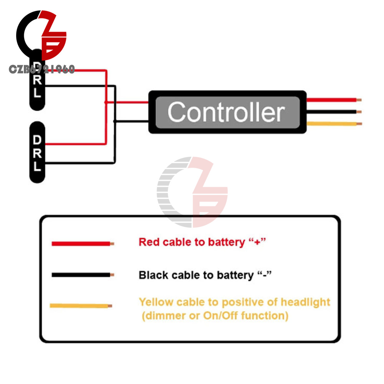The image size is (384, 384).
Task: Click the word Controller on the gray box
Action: click(226, 112)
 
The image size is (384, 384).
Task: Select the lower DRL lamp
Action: click(37, 153)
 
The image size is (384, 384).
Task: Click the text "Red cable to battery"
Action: click(191, 242)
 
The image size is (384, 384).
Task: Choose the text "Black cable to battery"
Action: click(196, 275)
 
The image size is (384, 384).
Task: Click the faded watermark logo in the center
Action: click(192, 192)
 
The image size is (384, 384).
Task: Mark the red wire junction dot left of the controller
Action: click(106, 102)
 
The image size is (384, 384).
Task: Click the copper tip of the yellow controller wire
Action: click(359, 124)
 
